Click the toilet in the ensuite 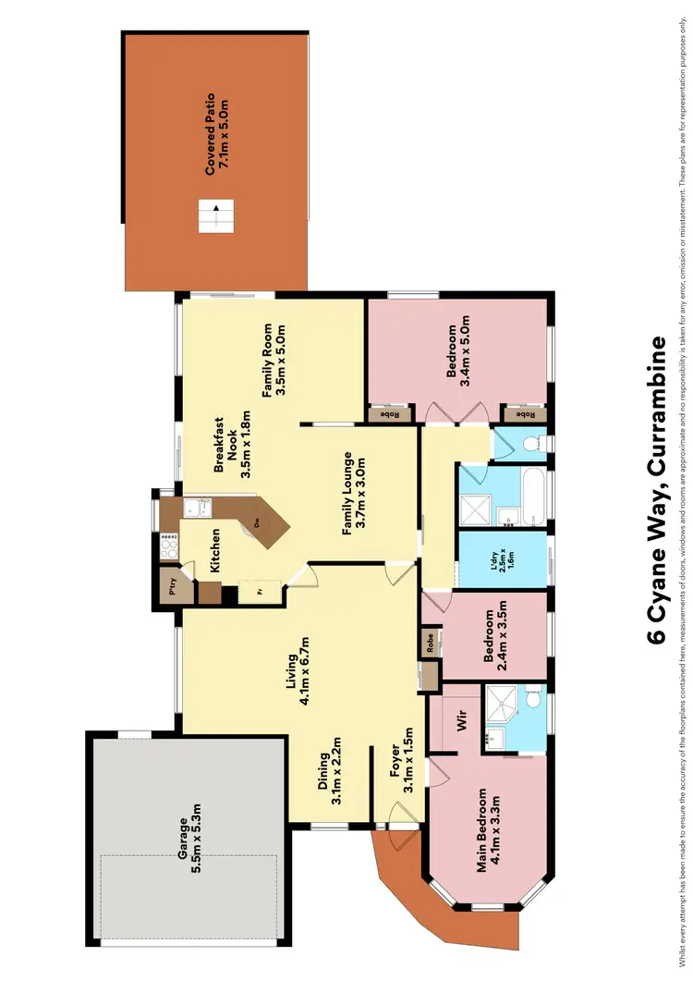click(x=534, y=704)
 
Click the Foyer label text click(x=400, y=766)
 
